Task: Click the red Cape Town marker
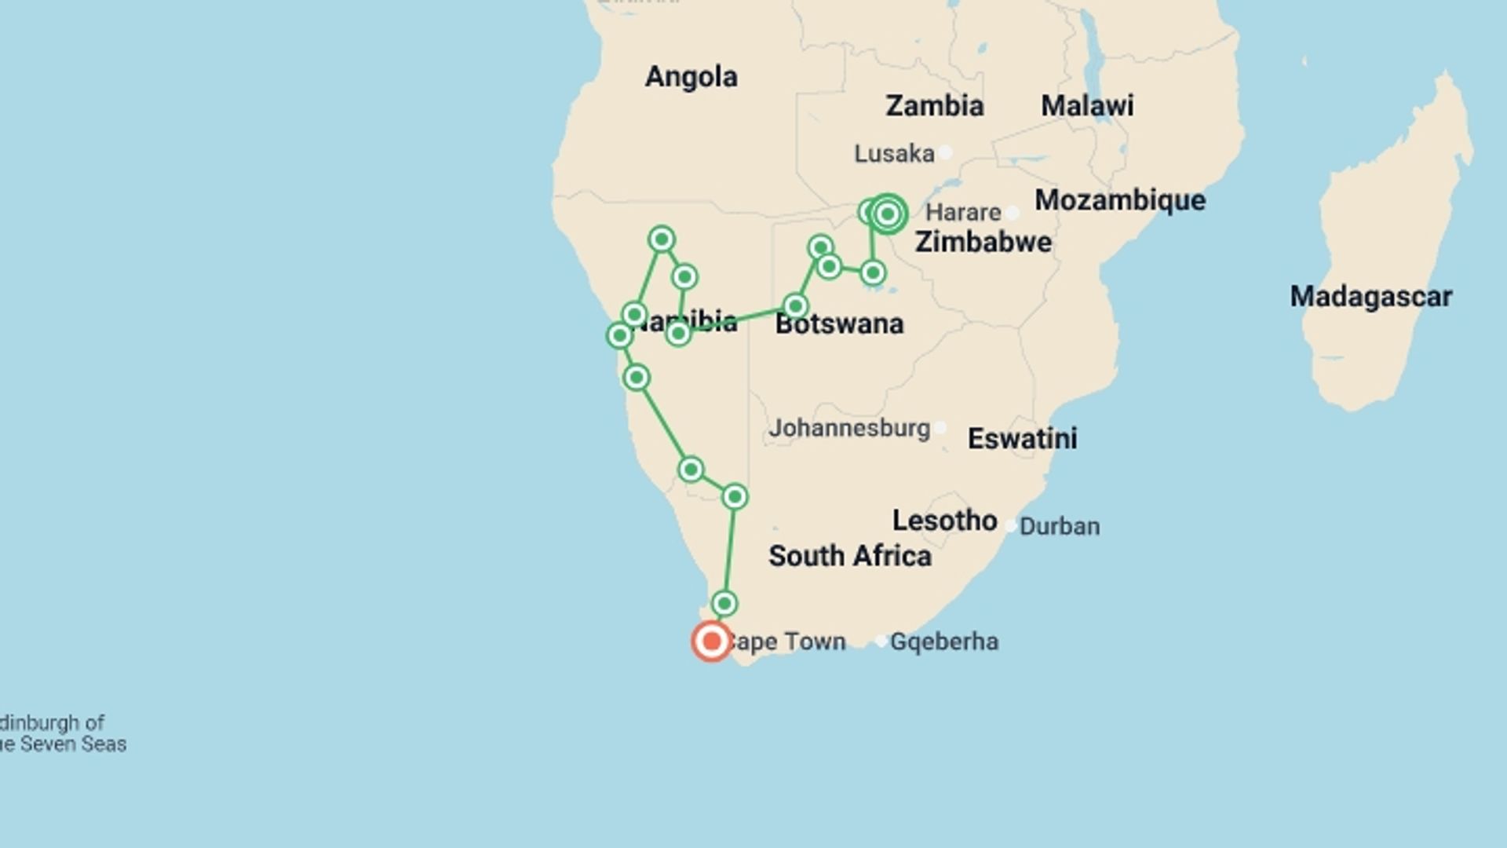[x=711, y=641]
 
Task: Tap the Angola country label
[x=691, y=77]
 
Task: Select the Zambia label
[x=934, y=106]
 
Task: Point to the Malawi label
[x=1087, y=106]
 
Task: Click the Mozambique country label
[x=1120, y=200]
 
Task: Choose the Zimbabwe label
[x=983, y=242]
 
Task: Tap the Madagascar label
[x=1370, y=297]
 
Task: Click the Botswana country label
[x=839, y=323]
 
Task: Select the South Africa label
[x=849, y=556]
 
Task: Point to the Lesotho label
[x=944, y=521]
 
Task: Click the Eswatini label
[x=1022, y=438]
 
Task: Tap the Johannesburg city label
[x=849, y=428]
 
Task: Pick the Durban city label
[x=1060, y=526]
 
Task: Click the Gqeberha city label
[x=944, y=641]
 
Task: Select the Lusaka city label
[x=894, y=153]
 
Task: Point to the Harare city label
[x=963, y=212]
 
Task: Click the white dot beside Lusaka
[x=946, y=152]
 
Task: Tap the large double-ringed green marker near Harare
[x=888, y=214]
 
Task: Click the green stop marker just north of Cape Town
[x=724, y=603]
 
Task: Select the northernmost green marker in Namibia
[x=661, y=239]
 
